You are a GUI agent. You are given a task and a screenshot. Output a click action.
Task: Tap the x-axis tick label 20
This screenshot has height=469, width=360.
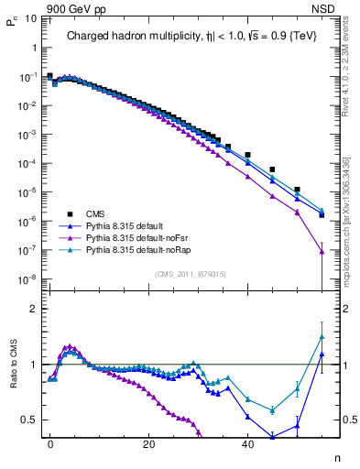[x=148, y=444]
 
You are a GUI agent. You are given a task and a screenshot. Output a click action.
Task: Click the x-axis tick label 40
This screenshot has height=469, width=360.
[x=247, y=444]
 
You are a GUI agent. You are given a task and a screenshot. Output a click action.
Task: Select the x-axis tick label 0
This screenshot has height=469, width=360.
[x=50, y=444]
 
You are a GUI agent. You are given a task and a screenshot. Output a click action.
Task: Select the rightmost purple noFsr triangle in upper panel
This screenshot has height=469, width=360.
[x=322, y=252]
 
